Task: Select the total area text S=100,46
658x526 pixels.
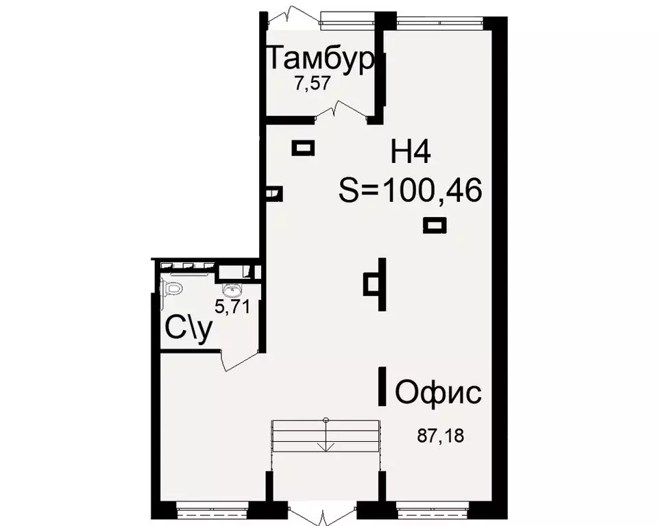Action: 411,190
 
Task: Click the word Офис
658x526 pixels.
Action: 438,394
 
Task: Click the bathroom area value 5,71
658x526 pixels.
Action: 232,307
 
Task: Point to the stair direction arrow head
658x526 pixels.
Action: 326,447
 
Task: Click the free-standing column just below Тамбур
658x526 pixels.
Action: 303,147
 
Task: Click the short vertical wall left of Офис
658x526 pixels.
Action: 381,387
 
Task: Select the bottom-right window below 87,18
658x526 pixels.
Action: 430,510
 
